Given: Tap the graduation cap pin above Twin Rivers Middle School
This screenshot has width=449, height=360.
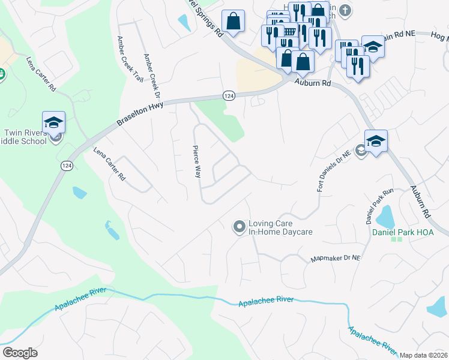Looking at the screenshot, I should [53, 122].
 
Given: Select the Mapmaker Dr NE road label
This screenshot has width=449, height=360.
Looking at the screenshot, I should [335, 259].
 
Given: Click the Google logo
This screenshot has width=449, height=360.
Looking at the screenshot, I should [20, 353].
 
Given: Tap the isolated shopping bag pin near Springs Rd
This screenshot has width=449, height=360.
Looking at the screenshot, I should [233, 21].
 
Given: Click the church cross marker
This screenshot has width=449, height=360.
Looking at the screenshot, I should [345, 10].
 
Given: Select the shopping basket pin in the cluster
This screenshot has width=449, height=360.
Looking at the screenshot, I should [289, 34].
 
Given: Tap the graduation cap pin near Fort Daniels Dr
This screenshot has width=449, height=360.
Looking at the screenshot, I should [375, 141].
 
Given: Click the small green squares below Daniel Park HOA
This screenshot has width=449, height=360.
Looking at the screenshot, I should [396, 239].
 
